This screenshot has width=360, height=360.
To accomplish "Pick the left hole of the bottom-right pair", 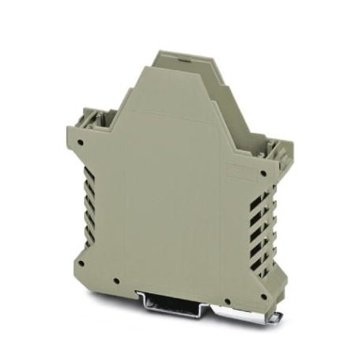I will tap(226, 301).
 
